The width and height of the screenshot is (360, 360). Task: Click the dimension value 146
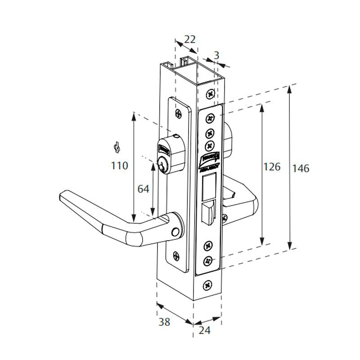pos(301,169)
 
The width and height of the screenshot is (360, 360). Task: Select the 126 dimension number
pos(272,167)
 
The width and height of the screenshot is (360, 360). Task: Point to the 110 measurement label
pos(119,166)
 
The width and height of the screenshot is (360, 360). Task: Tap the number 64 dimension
pos(143,189)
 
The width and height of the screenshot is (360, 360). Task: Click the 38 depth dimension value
pos(165,322)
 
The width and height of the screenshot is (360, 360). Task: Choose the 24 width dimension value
pos(204,330)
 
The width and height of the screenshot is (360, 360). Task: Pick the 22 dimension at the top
pos(190,39)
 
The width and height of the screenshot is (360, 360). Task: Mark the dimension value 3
pos(216,55)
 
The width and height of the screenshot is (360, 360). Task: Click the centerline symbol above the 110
pos(117,147)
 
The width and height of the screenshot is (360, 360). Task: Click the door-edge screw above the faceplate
pos(210,94)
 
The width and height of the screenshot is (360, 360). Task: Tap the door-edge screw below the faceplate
pos(208,285)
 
